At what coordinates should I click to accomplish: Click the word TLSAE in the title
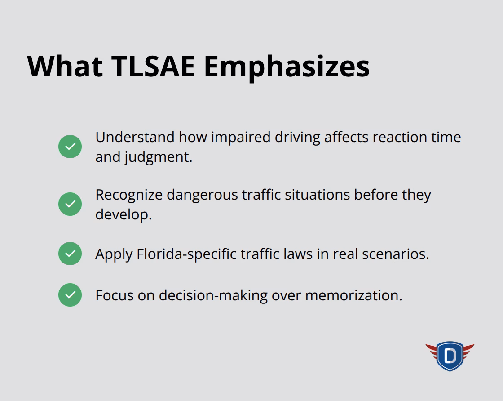[153, 67]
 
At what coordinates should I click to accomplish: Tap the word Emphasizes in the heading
[286, 67]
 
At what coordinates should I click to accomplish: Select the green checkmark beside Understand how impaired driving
[70, 147]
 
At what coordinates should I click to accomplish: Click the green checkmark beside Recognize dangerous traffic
[70, 204]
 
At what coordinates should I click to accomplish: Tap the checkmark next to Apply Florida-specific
[70, 254]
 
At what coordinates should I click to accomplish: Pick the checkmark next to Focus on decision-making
[70, 295]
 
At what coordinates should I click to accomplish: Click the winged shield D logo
[450, 356]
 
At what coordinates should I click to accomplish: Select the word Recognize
[128, 195]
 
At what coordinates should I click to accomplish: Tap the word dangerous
[202, 195]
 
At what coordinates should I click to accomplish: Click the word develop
[123, 214]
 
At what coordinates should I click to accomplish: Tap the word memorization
[353, 295]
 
